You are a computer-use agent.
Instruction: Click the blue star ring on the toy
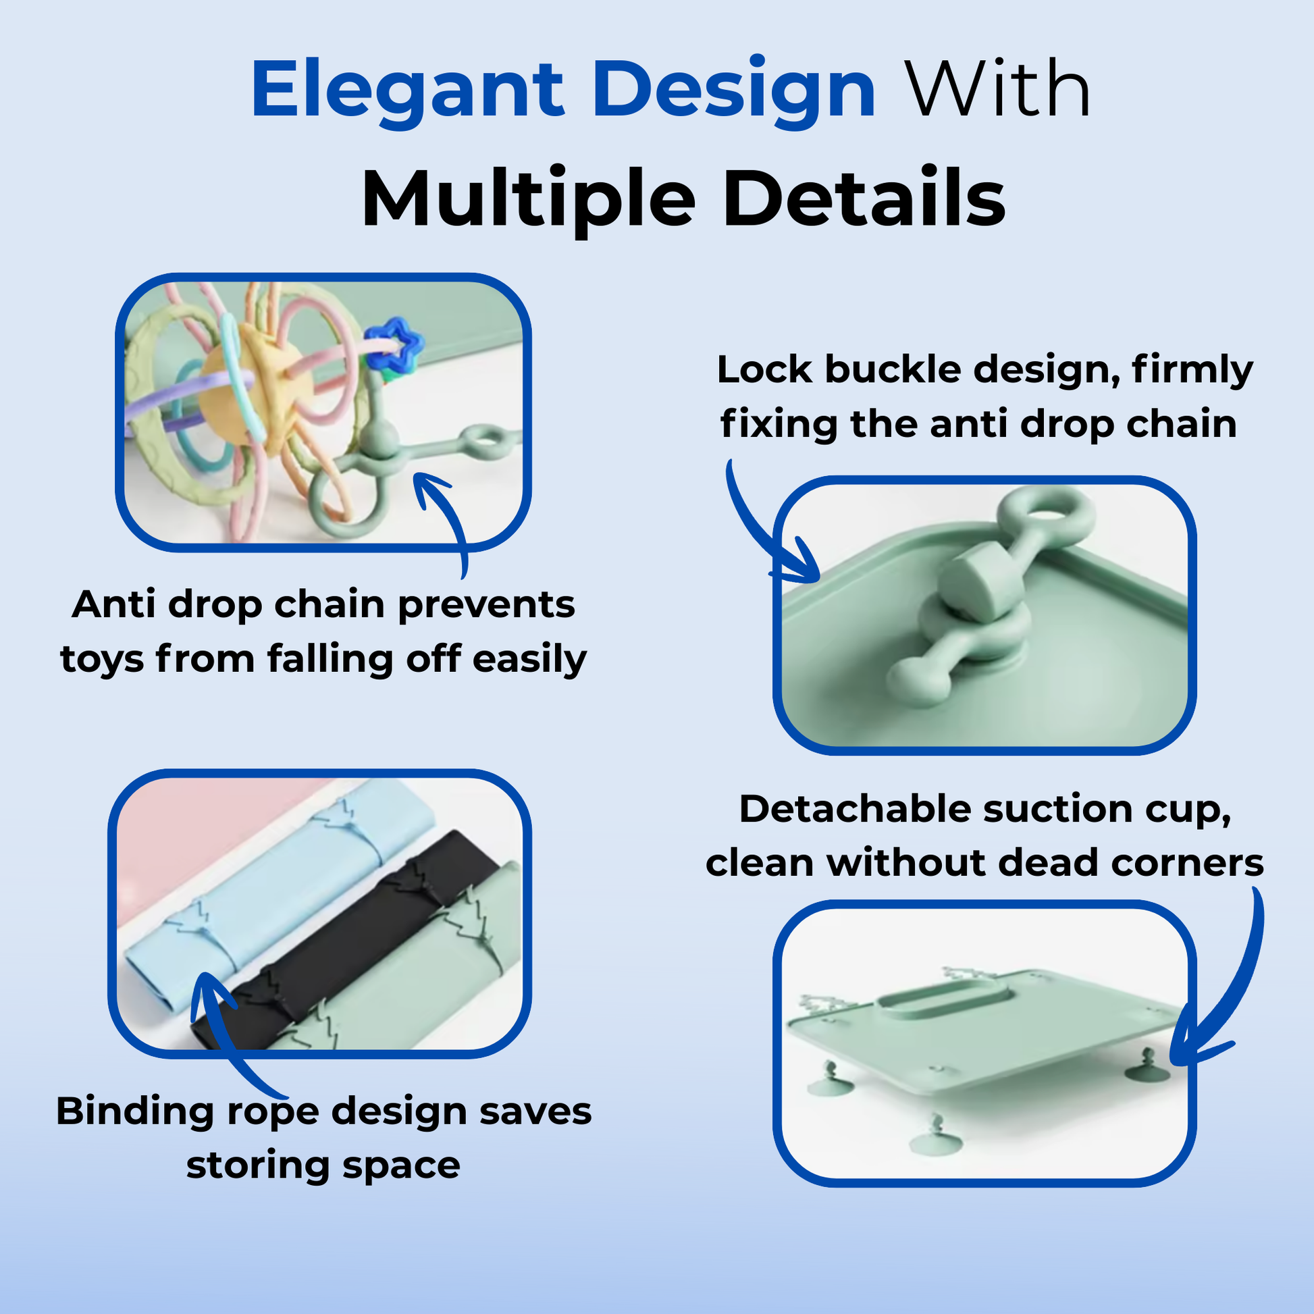click(394, 342)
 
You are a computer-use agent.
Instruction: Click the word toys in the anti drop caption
click(102, 660)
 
